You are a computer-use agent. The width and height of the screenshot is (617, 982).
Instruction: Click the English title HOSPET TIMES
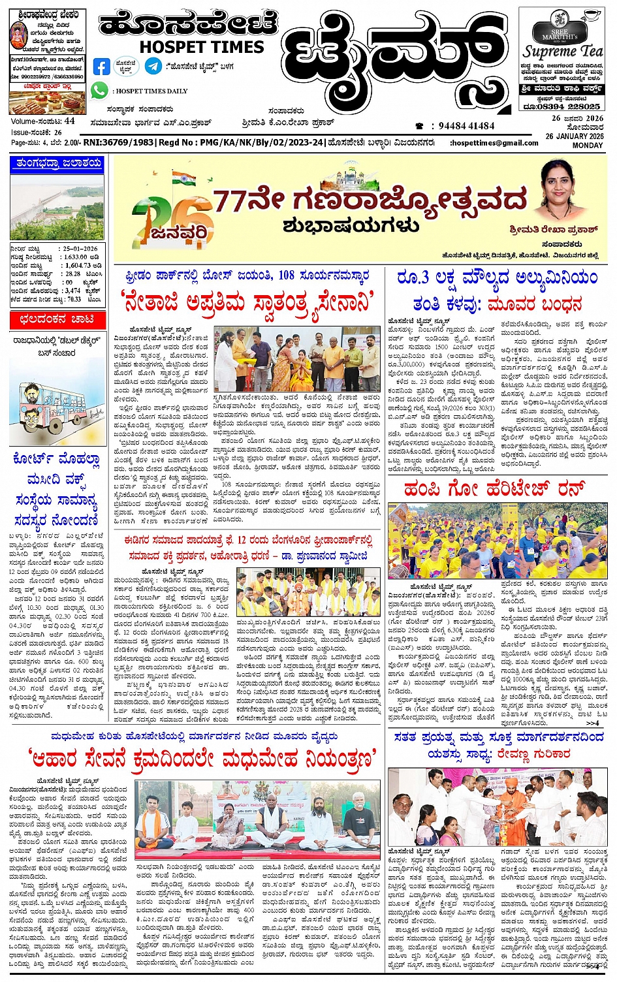pos(202,47)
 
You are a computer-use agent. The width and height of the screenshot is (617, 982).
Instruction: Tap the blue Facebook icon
pos(102,67)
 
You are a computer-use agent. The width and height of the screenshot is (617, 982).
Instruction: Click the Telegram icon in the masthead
pos(153,66)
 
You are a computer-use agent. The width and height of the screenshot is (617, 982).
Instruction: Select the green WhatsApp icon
pos(99,91)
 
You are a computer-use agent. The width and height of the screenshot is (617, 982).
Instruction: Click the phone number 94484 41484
pos(466,126)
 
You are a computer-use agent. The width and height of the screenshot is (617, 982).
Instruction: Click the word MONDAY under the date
pos(588,145)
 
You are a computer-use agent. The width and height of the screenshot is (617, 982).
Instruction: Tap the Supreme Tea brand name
pos(563,51)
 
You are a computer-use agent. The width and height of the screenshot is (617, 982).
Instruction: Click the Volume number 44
pos(69,121)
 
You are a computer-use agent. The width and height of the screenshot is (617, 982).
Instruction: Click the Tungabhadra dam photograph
pos(57,207)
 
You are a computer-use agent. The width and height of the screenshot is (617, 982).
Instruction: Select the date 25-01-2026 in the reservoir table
pos(80,249)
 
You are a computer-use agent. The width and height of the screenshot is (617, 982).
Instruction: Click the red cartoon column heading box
pos(57,319)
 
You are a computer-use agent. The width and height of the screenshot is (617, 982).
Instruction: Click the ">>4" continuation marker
pos(592,723)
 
